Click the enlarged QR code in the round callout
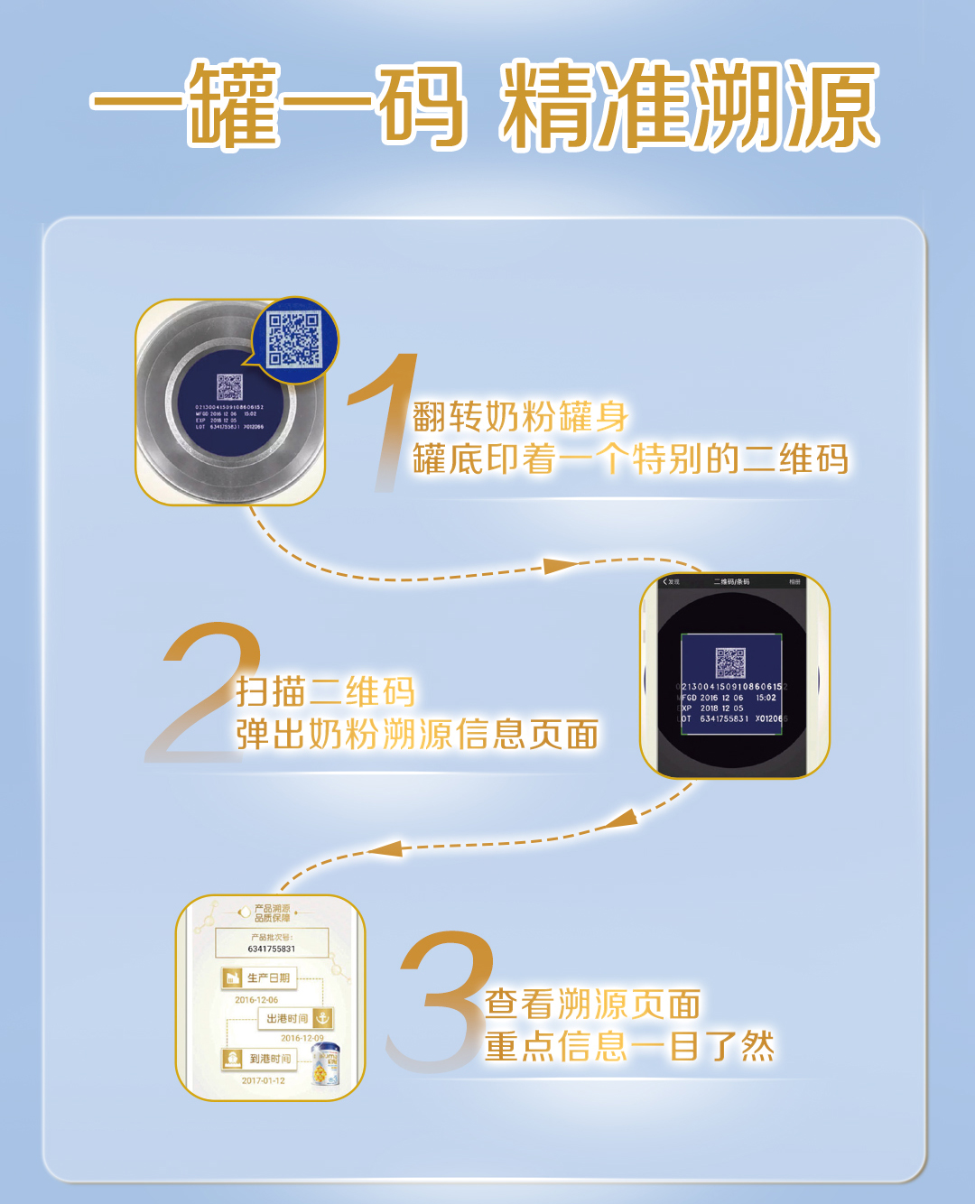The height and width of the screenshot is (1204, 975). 294,339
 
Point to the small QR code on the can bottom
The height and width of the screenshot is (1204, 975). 229,387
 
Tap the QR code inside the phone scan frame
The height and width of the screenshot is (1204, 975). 730,662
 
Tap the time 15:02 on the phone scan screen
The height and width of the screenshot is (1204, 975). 766,698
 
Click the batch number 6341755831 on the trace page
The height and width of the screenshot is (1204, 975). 271,949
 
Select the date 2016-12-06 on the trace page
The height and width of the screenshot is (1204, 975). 256,1000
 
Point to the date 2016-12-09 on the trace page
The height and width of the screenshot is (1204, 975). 302,1038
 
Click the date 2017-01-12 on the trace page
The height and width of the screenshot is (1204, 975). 263,1080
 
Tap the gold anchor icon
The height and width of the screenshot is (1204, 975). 322,1018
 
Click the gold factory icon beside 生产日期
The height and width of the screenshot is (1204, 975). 233,978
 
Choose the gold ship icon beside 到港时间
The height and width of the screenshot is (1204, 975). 233,1059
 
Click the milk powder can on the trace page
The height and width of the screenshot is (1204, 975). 326,1066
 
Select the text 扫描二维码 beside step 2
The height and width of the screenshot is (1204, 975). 325,692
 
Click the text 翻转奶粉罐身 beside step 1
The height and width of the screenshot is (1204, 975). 520,418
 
